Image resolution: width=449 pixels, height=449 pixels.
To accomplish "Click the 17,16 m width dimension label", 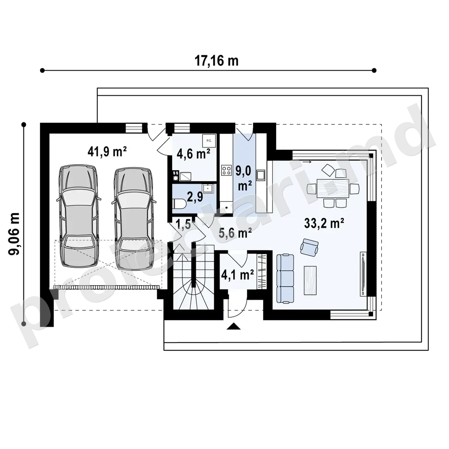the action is [x=217, y=61].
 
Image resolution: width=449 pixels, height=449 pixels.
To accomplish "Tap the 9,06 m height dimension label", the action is [x=14, y=234].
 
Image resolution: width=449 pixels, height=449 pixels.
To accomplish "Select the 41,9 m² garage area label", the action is [x=107, y=151].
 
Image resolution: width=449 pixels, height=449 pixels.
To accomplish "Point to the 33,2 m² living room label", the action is [x=324, y=223].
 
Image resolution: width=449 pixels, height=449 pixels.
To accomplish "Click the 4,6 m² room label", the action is [x=194, y=154].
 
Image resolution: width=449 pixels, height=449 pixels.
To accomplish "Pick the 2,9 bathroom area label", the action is [x=195, y=197].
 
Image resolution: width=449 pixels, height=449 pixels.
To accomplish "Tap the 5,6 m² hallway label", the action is [x=235, y=233].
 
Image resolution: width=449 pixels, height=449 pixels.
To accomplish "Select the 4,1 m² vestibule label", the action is [x=237, y=275].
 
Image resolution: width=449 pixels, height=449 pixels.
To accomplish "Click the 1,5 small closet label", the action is [x=183, y=224].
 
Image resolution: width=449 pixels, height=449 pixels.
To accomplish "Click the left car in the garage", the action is [x=78, y=217].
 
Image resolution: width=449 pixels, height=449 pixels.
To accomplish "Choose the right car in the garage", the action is [x=133, y=219].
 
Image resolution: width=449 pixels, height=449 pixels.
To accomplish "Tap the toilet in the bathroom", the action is [x=180, y=204].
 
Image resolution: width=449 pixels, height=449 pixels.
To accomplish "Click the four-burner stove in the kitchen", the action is [x=227, y=171].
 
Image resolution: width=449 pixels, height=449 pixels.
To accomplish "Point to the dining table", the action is [x=333, y=188].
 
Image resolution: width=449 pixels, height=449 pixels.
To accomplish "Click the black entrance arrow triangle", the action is [x=234, y=326].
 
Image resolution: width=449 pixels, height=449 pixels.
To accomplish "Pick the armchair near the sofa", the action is [x=309, y=247].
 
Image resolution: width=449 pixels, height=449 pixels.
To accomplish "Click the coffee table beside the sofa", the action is [x=310, y=280].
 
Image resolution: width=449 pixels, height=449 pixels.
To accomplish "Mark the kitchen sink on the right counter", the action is [x=261, y=175].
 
